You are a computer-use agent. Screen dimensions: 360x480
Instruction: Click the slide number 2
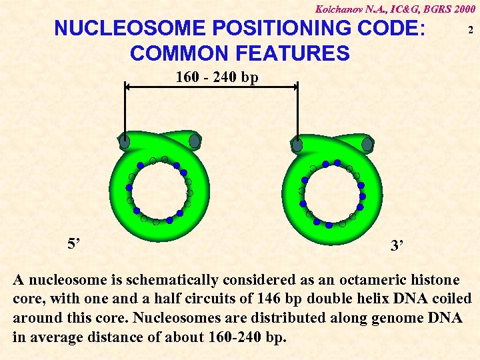click(471, 31)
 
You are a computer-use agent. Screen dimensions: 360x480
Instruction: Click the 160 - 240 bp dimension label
click(217, 77)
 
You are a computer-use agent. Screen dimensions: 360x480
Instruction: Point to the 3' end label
click(398, 246)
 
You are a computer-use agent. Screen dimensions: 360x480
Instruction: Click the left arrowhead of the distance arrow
click(128, 85)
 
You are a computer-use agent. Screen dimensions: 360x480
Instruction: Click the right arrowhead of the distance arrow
click(294, 85)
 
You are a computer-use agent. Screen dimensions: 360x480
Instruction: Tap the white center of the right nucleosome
click(332, 193)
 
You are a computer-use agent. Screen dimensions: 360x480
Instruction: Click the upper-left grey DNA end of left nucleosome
click(125, 141)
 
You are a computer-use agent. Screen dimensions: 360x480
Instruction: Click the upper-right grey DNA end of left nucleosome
click(195, 141)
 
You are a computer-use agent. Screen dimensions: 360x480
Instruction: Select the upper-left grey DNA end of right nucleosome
click(297, 145)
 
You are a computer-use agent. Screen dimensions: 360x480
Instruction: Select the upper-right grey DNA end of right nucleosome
click(367, 144)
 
